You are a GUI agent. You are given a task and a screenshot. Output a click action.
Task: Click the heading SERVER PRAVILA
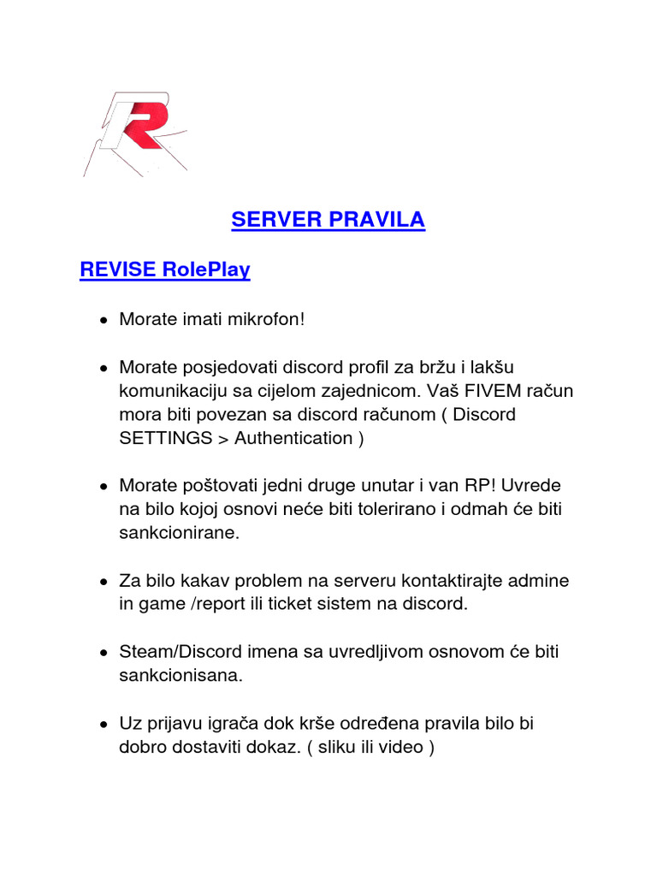pyautogui.click(x=328, y=220)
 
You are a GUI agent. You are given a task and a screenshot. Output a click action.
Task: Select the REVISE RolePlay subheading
pyautogui.click(x=164, y=269)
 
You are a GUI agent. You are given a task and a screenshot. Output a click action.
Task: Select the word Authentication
pyautogui.click(x=293, y=438)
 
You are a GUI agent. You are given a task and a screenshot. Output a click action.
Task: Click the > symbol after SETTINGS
pyautogui.click(x=225, y=438)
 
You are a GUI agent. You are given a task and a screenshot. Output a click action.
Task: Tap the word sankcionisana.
pyautogui.click(x=181, y=676)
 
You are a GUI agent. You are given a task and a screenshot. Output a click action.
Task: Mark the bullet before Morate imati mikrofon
pyautogui.click(x=103, y=321)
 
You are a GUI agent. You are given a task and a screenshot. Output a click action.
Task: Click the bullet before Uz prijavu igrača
pyautogui.click(x=103, y=725)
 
